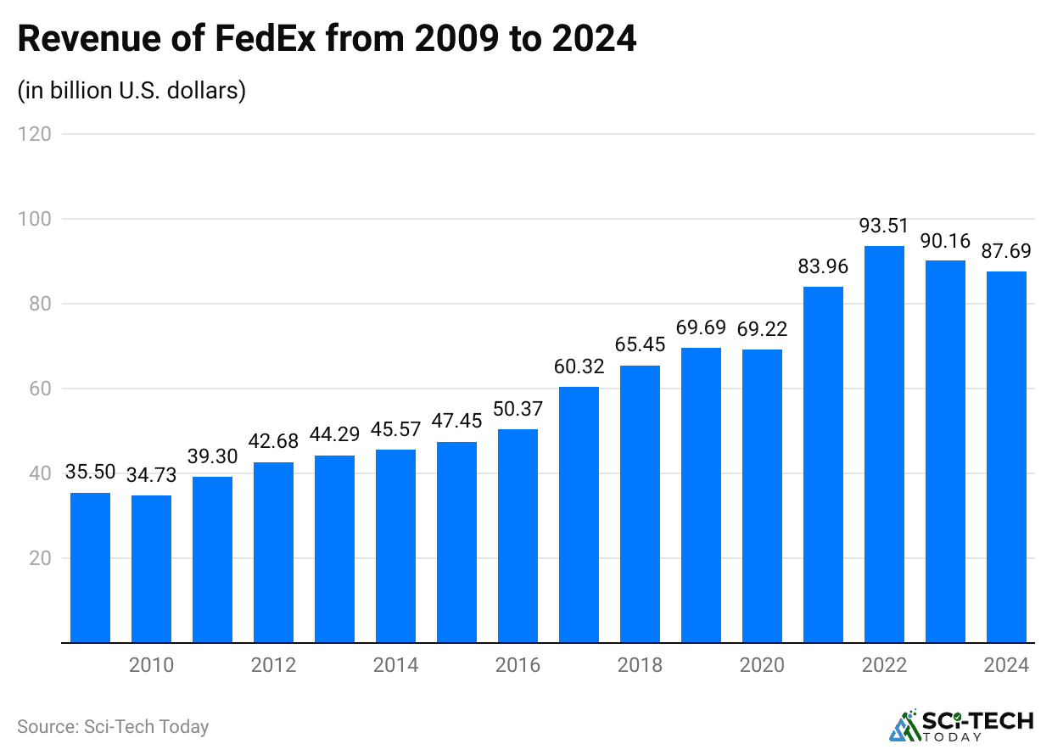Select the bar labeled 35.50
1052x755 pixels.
coord(90,568)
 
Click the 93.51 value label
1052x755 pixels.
coord(884,226)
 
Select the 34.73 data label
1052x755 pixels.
coord(151,476)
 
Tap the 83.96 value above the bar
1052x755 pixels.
coord(823,267)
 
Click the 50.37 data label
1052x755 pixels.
coord(518,410)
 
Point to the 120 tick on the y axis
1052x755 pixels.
coord(35,134)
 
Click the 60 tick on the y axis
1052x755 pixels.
coord(39,389)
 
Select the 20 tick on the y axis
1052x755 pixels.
coord(39,558)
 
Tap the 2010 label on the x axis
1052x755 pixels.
coord(151,665)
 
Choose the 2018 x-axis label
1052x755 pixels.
coord(640,665)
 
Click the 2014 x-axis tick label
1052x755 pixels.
coord(395,665)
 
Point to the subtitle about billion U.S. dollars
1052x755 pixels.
coord(131,90)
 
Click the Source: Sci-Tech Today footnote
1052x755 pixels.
coord(113,727)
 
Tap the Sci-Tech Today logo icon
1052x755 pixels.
coord(904,726)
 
